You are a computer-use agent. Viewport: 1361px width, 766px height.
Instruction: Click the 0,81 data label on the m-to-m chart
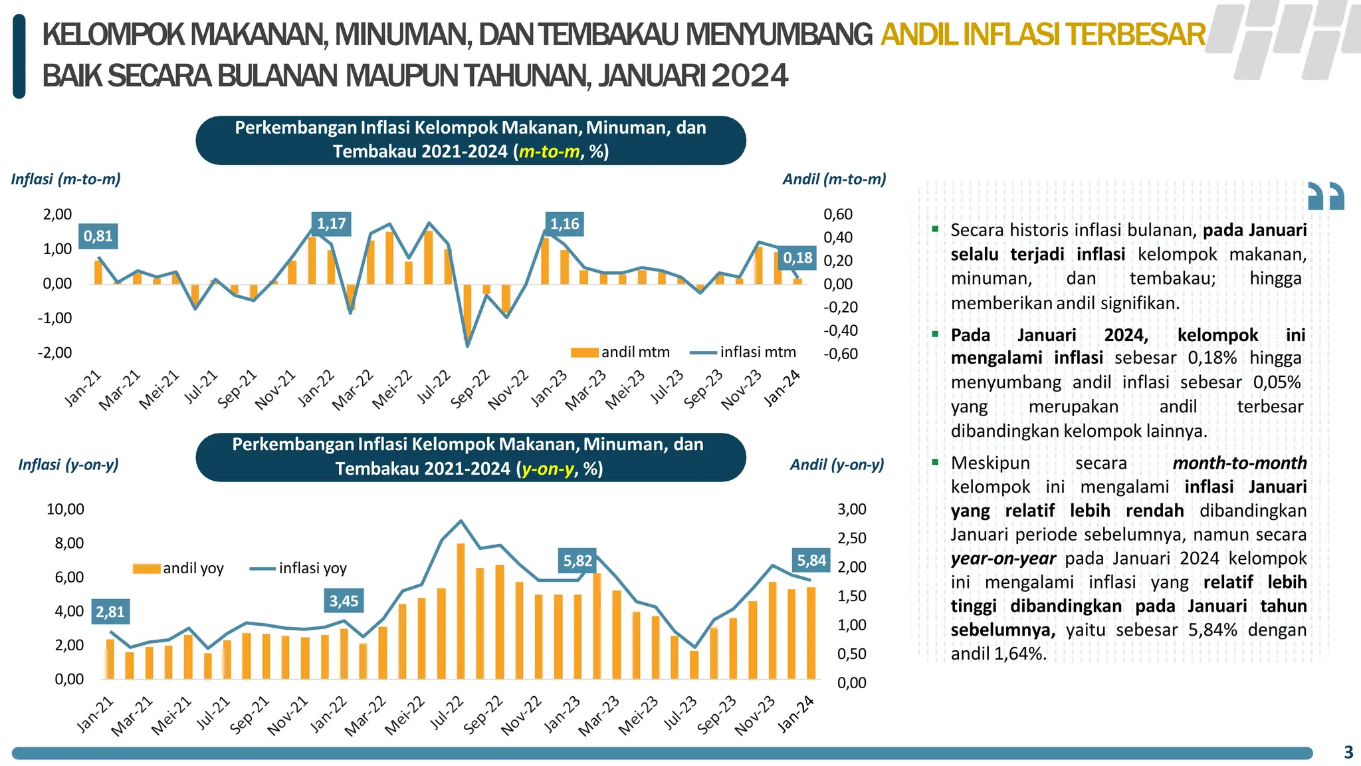pos(98,236)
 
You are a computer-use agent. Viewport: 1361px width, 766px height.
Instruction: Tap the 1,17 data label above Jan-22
pos(331,223)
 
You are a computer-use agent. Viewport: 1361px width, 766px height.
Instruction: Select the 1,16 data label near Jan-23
pos(564,223)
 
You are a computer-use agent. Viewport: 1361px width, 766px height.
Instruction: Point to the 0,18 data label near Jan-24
pos(797,258)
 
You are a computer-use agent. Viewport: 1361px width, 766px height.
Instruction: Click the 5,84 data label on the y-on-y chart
pos(811,561)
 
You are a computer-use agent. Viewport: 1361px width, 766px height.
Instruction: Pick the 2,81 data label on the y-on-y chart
pos(110,612)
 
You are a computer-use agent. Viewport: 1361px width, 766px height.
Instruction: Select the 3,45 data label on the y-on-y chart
pos(344,601)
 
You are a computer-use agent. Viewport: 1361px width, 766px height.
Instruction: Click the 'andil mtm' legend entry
pos(621,352)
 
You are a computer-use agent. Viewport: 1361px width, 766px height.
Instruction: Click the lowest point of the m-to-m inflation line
pos(467,346)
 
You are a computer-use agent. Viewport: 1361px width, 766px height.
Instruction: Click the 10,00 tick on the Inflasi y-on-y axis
pos(65,509)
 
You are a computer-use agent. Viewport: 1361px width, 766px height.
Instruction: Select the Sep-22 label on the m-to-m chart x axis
pos(471,390)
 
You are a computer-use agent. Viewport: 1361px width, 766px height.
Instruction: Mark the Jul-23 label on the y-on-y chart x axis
pos(680,713)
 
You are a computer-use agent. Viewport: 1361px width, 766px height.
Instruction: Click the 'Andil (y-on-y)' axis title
pos(837,465)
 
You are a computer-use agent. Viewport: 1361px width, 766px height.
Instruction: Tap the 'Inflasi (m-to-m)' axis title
pos(66,179)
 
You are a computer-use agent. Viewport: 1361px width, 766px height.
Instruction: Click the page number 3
pos(1348,752)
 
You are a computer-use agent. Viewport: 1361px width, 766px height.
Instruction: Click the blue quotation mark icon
pos(1326,196)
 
